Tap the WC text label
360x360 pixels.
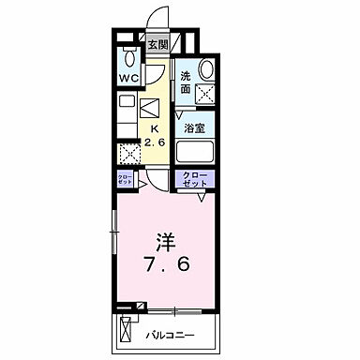point(128,79)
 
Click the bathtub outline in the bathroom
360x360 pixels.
point(196,153)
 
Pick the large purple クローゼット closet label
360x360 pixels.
point(195,180)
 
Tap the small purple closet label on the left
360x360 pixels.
point(127,179)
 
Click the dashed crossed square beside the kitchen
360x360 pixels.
point(128,153)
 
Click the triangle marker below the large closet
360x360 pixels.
point(200,196)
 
